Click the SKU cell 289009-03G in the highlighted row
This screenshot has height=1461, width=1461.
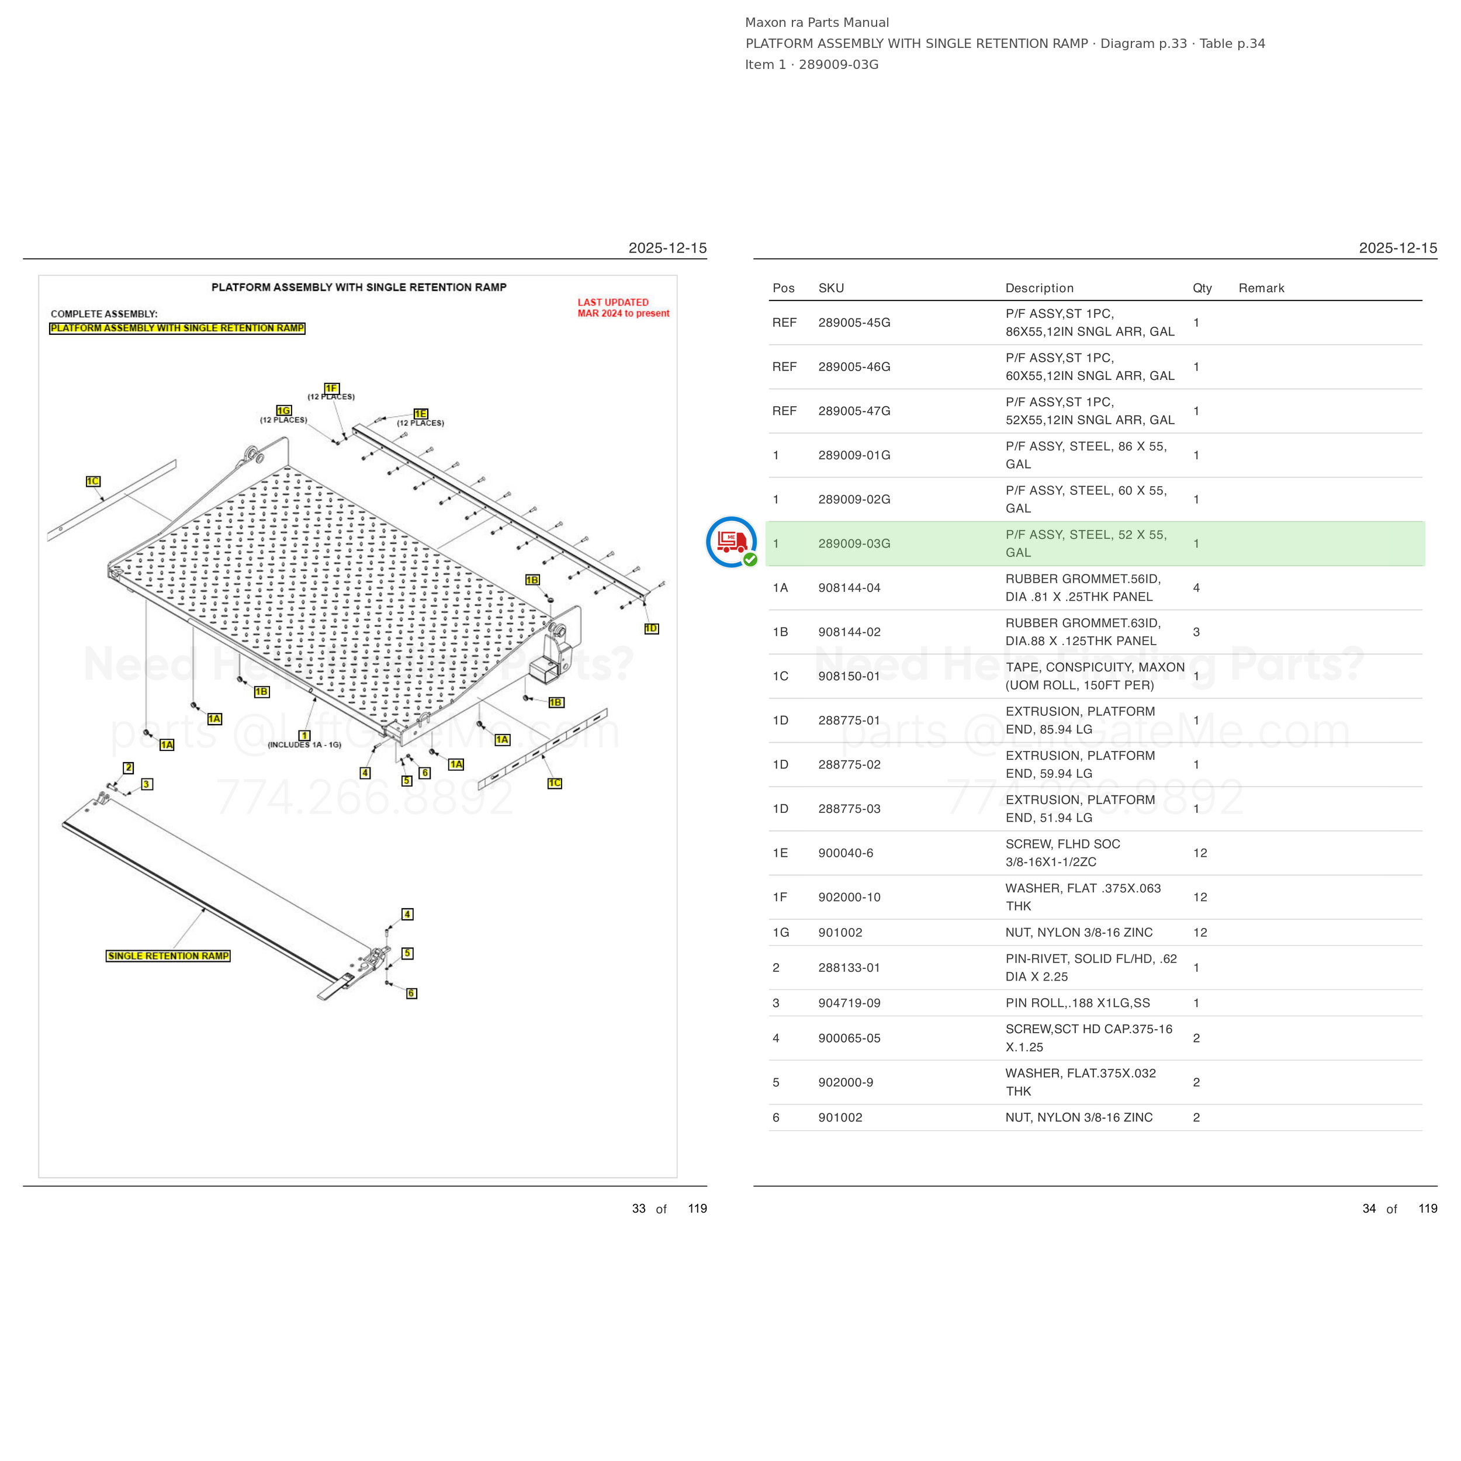[854, 543]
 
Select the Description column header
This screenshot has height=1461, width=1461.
[1039, 288]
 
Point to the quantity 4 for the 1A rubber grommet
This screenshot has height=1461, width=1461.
[1196, 587]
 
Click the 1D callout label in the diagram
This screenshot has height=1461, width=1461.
[651, 628]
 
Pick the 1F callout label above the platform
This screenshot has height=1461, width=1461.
[331, 388]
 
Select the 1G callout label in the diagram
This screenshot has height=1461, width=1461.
[283, 411]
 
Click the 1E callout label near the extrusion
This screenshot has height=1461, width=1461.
[420, 414]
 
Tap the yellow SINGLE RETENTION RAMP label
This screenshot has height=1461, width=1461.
[168, 956]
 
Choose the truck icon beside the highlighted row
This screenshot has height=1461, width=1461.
[731, 542]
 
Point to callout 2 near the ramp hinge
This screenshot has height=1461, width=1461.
[129, 767]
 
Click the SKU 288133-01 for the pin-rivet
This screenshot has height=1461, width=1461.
[849, 968]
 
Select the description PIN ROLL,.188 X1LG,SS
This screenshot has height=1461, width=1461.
[1078, 1003]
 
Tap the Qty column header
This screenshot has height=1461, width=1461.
[1202, 288]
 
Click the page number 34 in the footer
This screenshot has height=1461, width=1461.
[1369, 1209]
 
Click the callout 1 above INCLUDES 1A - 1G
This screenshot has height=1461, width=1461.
[304, 735]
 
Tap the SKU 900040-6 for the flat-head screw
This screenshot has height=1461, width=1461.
[846, 853]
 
